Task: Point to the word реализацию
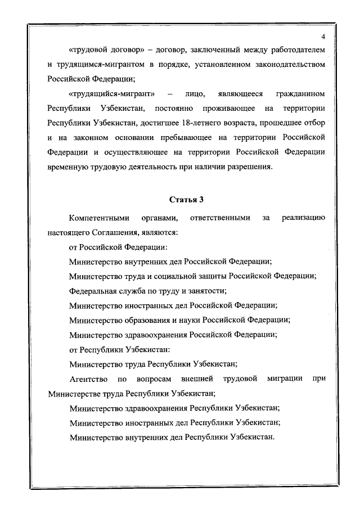[x=303, y=217]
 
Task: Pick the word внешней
[x=196, y=379]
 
